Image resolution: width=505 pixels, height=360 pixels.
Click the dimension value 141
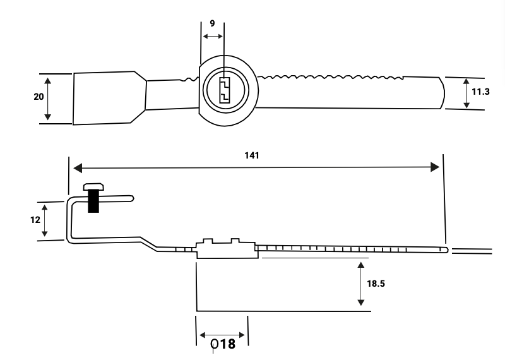pyautogui.click(x=251, y=155)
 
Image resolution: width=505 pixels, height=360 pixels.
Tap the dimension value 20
pyautogui.click(x=39, y=97)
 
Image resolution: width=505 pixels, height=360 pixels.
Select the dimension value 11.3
pyautogui.click(x=480, y=92)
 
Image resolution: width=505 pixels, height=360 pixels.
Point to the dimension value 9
pyautogui.click(x=212, y=23)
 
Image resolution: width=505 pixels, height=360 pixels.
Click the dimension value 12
pyautogui.click(x=35, y=220)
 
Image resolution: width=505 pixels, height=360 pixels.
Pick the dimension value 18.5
pyautogui.click(x=376, y=284)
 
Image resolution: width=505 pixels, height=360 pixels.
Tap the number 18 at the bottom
pyautogui.click(x=227, y=344)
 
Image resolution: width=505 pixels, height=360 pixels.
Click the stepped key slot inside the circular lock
pyautogui.click(x=225, y=90)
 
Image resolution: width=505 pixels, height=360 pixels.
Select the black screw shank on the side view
pyautogui.click(x=93, y=201)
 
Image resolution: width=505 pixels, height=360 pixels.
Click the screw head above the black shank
pyautogui.click(x=93, y=186)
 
